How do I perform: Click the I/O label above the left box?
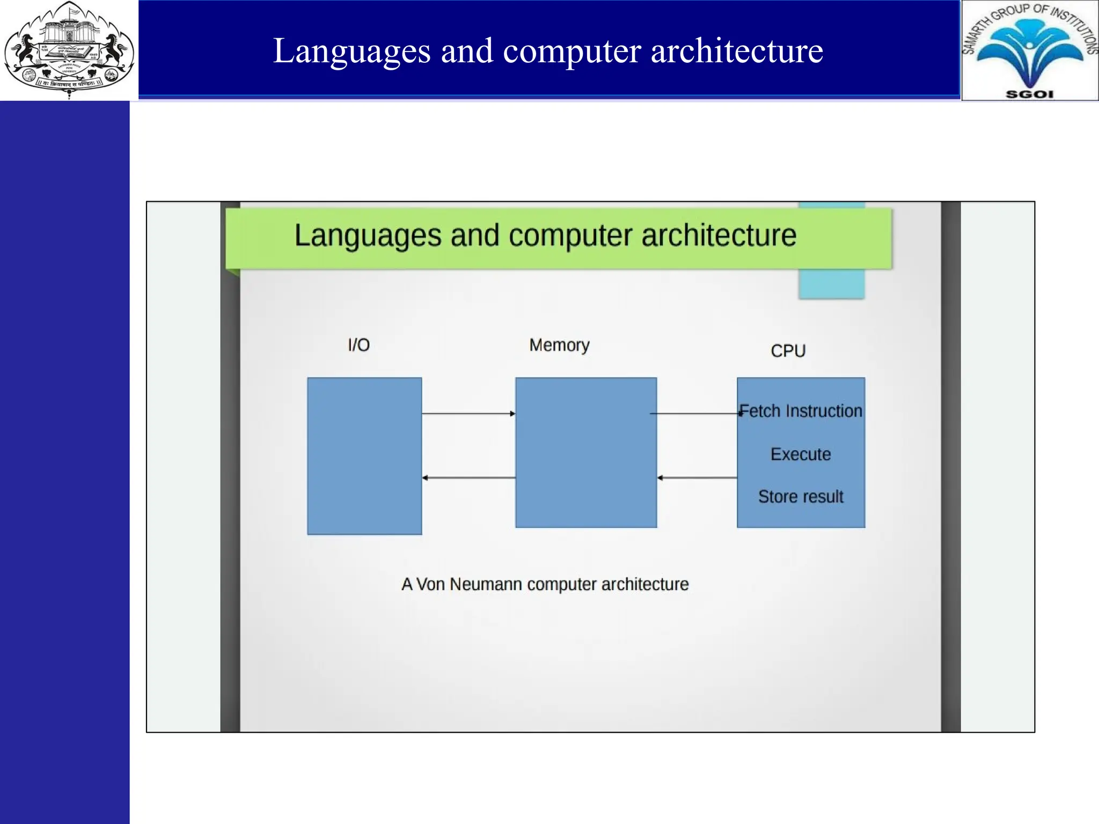358,345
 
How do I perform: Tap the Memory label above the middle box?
559,345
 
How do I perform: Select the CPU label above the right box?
788,351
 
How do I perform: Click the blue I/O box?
364,456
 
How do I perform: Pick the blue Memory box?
586,453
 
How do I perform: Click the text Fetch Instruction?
801,411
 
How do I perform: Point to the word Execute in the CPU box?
801,454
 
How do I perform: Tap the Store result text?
801,497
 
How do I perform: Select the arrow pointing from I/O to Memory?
468,414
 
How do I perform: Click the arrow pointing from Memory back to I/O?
468,477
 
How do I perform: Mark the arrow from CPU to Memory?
697,477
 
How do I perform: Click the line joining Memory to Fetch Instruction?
695,414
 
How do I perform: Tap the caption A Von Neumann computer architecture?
545,584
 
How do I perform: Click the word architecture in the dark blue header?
736,51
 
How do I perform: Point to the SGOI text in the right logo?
1029,94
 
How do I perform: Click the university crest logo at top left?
69,50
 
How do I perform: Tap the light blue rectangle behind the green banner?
831,284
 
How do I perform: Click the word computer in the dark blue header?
572,51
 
